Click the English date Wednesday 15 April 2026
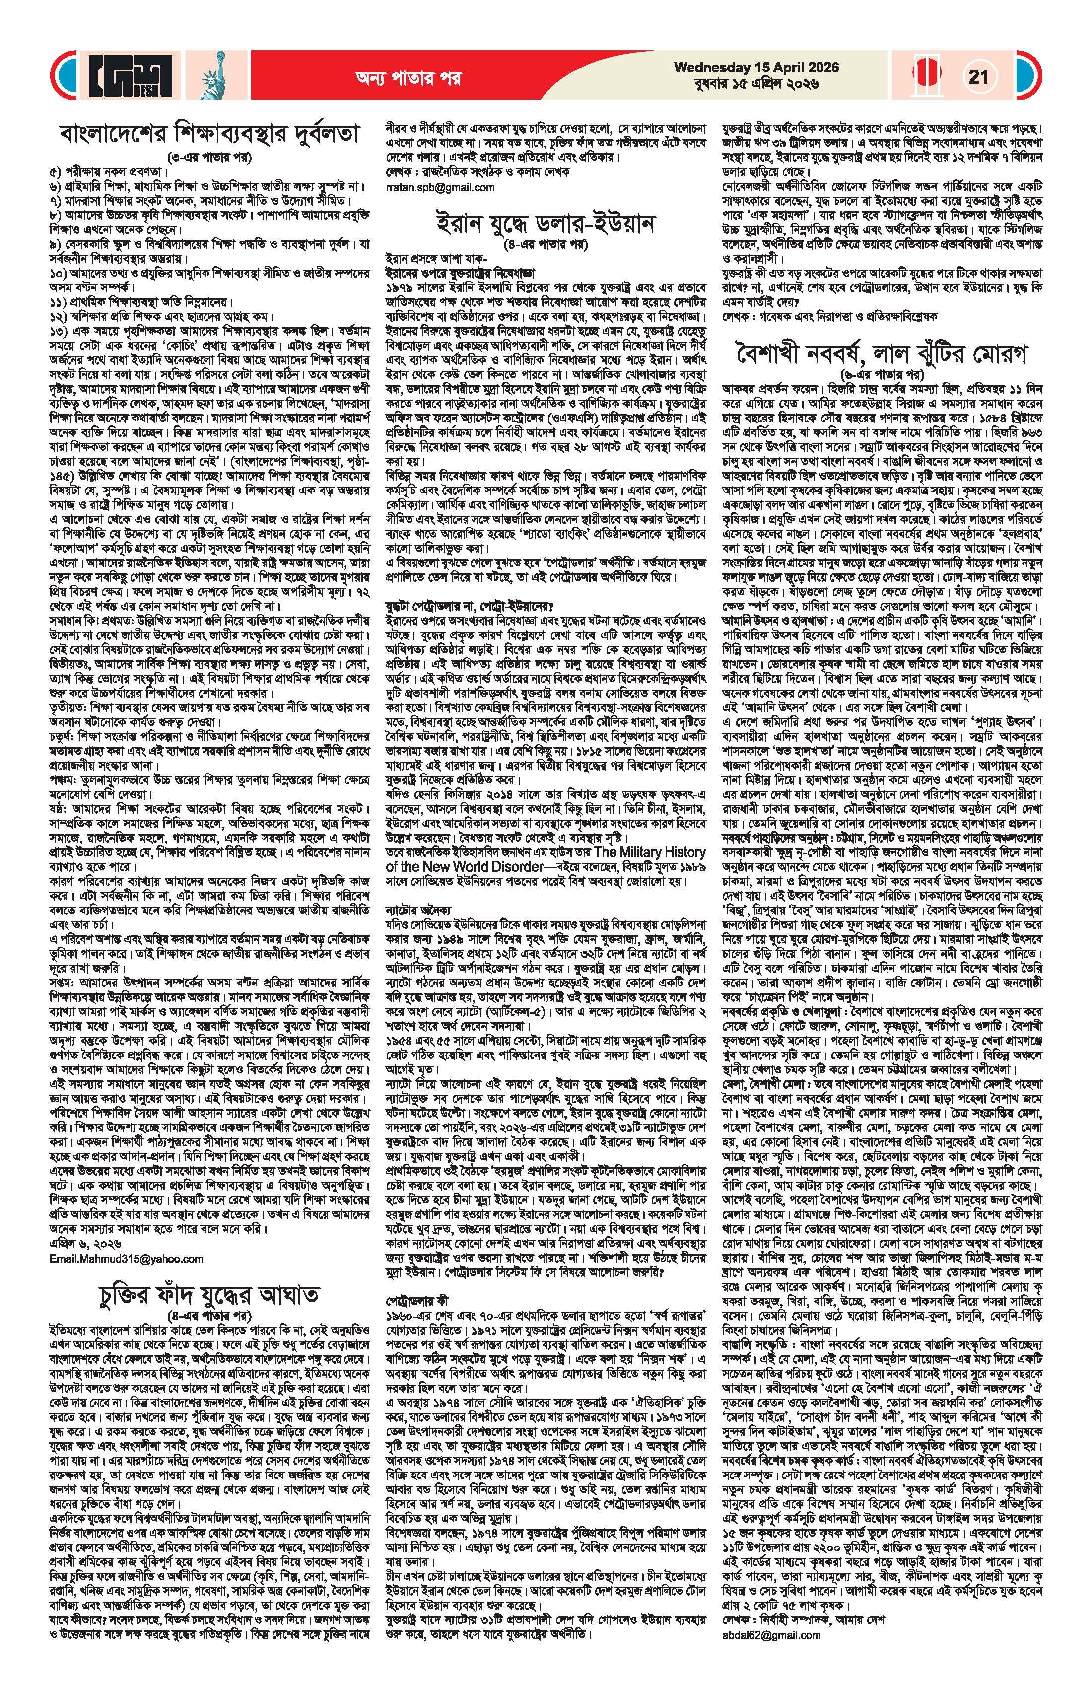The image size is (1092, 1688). click(x=756, y=68)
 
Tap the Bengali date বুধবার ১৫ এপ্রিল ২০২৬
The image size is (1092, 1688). click(x=756, y=84)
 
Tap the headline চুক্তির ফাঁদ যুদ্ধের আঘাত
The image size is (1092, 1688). click(x=208, y=1315)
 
